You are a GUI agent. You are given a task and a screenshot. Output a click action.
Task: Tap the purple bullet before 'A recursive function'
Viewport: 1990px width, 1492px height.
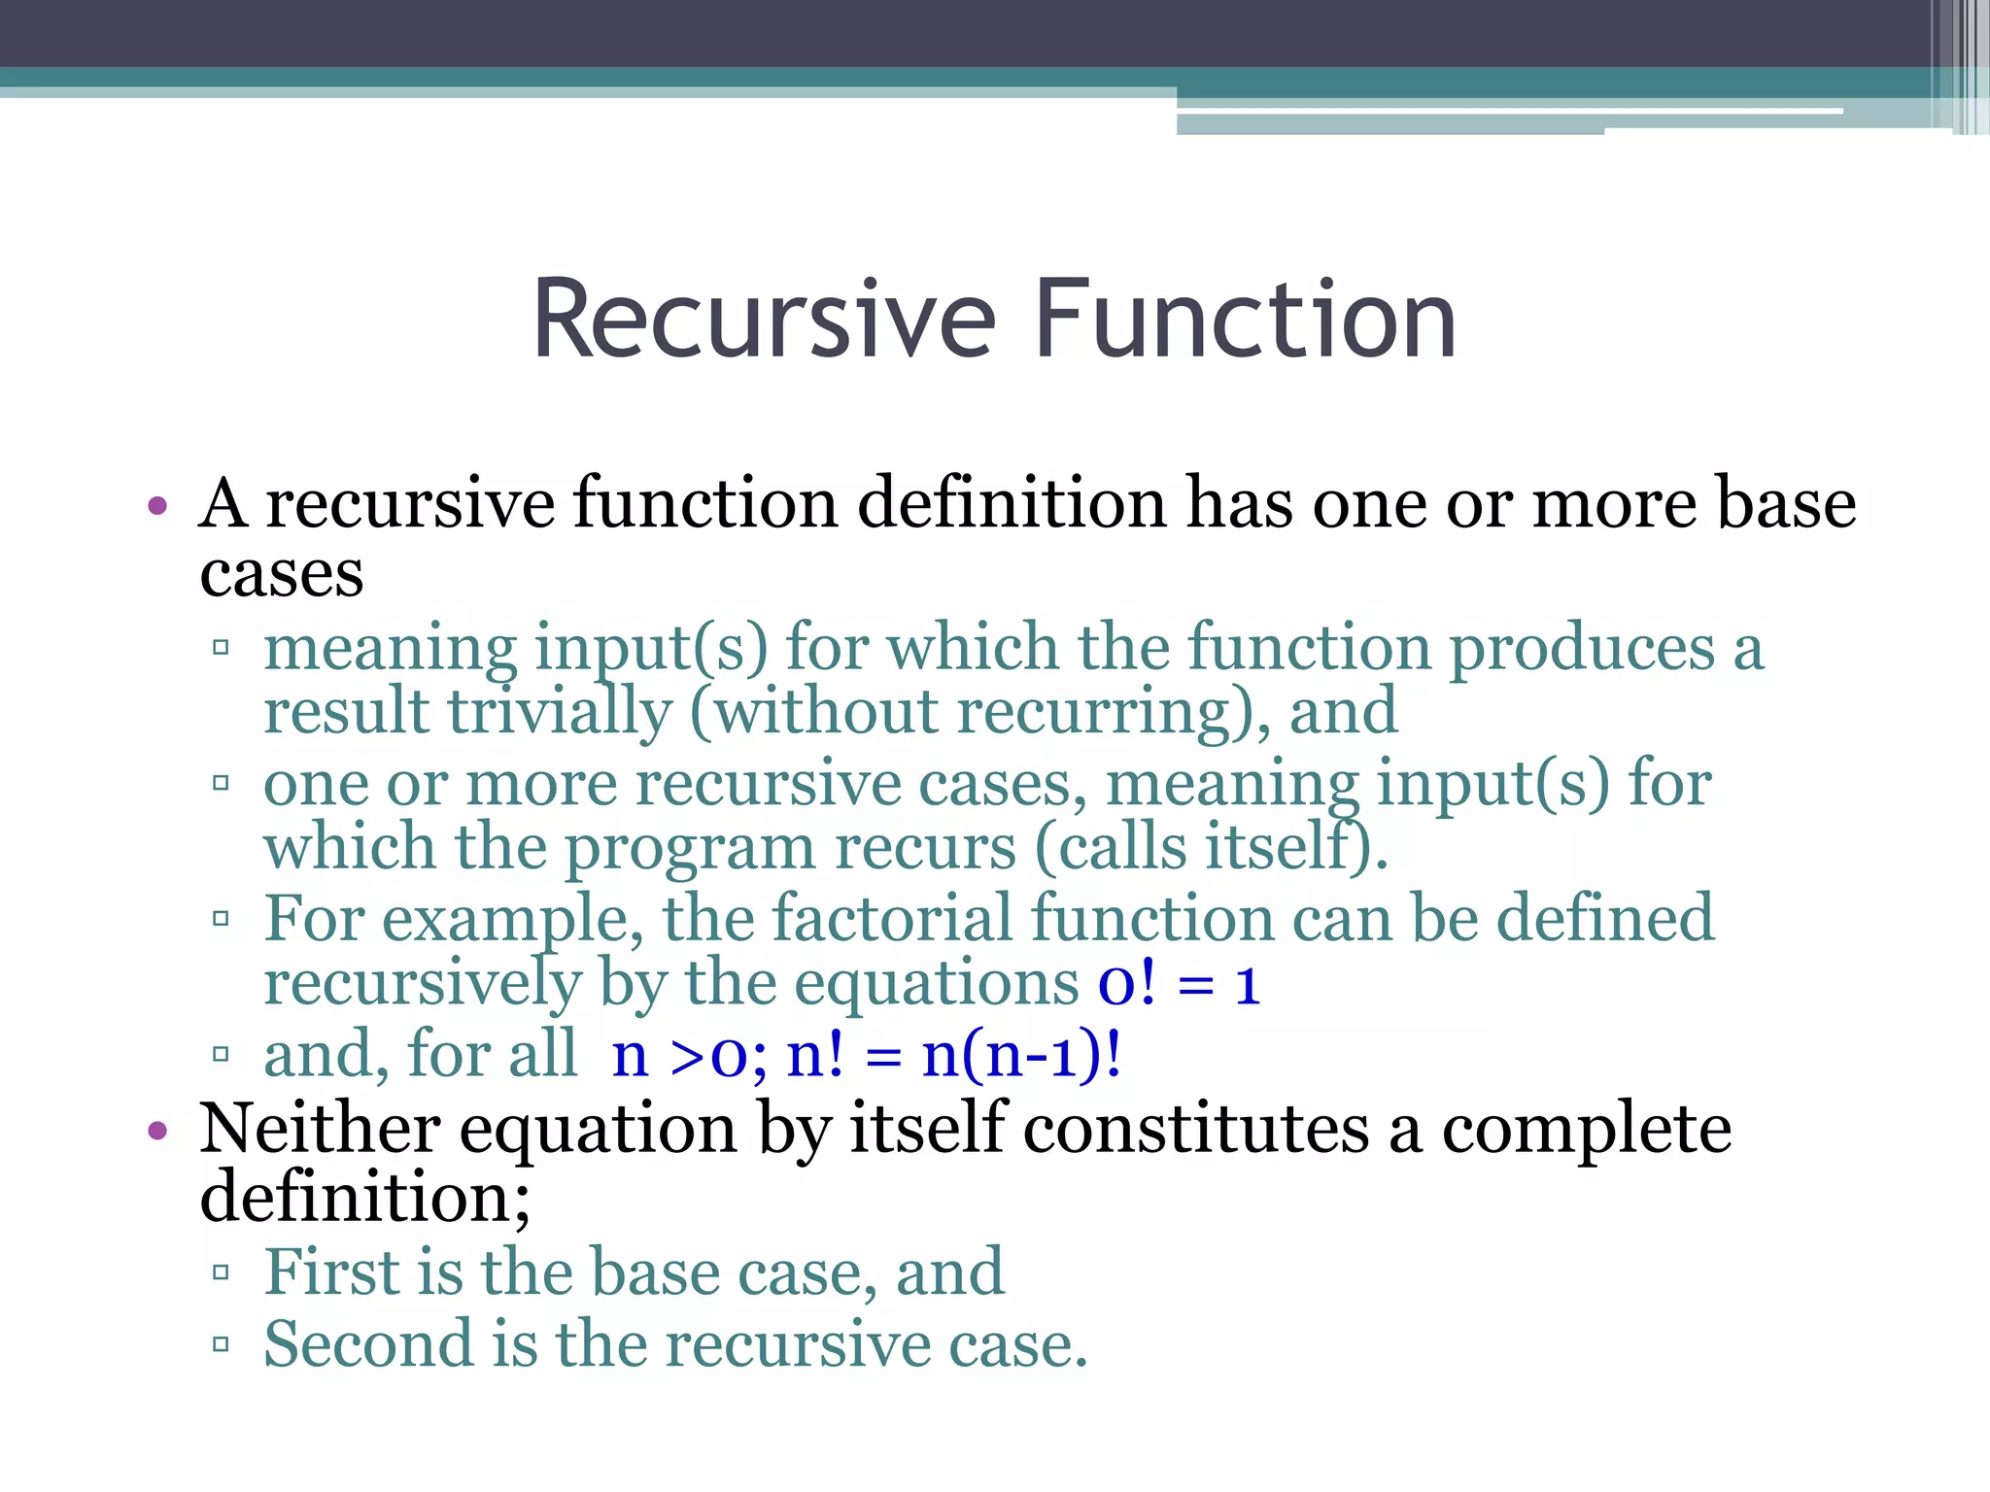point(157,506)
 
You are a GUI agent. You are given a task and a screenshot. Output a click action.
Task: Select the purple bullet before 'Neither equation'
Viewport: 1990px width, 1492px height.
point(157,1131)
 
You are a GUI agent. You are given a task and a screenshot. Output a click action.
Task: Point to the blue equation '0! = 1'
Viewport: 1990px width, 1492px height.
point(1179,983)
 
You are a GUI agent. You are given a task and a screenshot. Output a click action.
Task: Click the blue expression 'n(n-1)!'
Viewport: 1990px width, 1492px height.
point(1020,1055)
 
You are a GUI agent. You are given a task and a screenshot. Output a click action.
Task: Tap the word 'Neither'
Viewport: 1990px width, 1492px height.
point(320,1129)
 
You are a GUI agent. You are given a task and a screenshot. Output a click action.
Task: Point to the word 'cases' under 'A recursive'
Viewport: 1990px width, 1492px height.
point(281,574)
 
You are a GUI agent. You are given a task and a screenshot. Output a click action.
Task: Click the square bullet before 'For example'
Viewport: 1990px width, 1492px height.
point(221,918)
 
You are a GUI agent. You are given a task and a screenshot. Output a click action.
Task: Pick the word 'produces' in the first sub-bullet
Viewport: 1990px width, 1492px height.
point(1582,648)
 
